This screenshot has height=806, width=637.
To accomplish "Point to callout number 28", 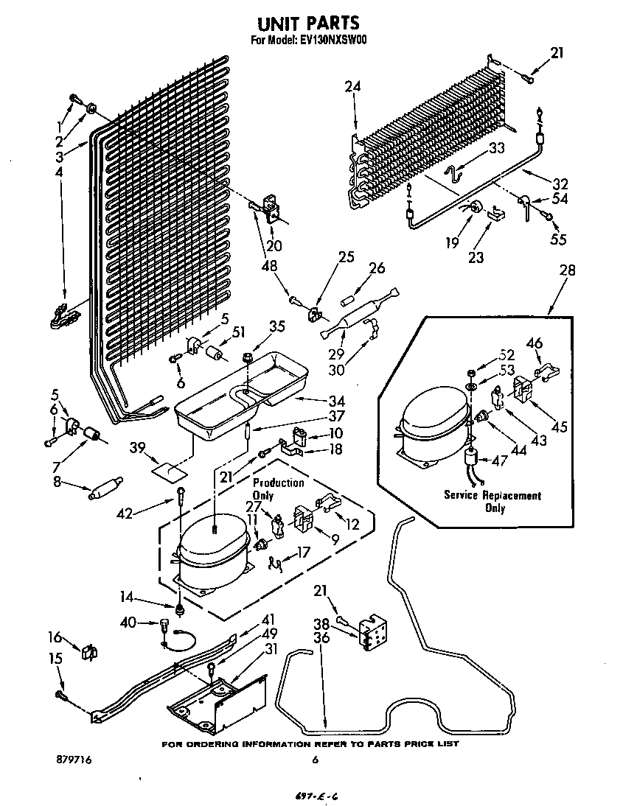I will [568, 270].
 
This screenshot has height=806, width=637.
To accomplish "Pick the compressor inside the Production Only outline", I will [212, 554].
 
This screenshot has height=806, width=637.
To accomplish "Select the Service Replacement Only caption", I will [492, 502].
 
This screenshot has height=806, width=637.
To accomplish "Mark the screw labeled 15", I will [60, 694].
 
